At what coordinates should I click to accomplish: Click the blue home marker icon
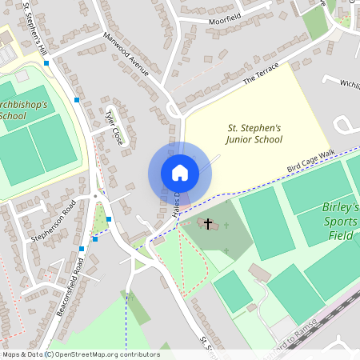(180, 173)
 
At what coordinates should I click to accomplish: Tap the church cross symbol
(208, 223)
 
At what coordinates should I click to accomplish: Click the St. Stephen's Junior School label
(255, 133)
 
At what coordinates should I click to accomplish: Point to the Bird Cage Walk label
(311, 162)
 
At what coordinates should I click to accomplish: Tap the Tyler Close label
(114, 126)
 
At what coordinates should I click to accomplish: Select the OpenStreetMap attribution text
(80, 354)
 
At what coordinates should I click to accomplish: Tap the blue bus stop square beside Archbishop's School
(77, 100)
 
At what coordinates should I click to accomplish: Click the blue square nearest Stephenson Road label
(94, 238)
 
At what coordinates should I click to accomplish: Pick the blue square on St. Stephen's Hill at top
(46, 62)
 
